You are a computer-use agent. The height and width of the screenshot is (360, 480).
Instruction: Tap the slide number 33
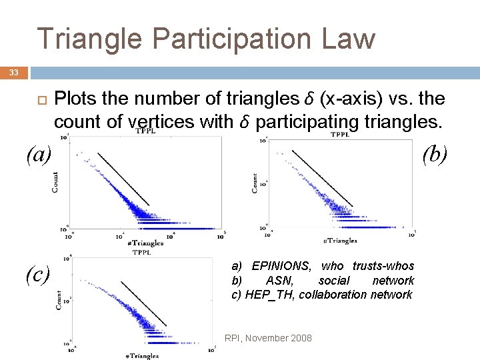tap(14, 72)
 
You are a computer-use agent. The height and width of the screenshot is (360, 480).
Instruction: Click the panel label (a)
tap(38, 155)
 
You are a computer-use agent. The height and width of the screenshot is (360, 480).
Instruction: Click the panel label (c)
tap(38, 273)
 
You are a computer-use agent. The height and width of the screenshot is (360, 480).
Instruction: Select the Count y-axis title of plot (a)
tap(55, 183)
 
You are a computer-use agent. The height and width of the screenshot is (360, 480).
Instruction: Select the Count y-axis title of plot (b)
tap(254, 183)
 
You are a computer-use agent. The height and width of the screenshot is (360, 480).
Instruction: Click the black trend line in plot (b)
tap(322, 177)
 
